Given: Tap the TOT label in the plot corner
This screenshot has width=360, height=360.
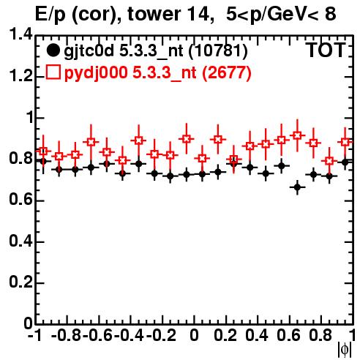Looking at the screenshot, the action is (x=326, y=50).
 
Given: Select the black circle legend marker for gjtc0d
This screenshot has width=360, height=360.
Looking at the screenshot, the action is (x=53, y=50).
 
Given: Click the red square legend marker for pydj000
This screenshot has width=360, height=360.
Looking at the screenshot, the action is (x=53, y=72).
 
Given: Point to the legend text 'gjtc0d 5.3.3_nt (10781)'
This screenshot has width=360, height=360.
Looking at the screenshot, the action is (x=156, y=52).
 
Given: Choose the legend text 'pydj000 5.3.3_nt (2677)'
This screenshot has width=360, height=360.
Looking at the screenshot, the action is (x=157, y=73).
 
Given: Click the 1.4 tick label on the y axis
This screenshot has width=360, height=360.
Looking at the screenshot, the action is (x=20, y=34).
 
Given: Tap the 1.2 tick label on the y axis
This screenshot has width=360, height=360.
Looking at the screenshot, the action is (x=20, y=76).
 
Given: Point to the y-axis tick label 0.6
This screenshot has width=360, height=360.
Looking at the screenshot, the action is (x=20, y=200).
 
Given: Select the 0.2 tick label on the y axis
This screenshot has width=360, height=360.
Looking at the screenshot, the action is (x=20, y=282).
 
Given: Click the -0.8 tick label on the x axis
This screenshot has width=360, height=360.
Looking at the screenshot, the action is (x=66, y=335).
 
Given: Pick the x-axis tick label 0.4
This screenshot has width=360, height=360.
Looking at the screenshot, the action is (x=256, y=335).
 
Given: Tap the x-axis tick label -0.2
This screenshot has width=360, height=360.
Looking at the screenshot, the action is (x=161, y=335).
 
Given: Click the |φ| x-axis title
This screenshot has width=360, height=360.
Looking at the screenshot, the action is (x=345, y=350).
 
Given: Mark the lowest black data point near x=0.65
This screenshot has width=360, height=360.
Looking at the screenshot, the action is (x=297, y=187).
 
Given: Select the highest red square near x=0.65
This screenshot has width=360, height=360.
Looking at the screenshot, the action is (x=297, y=135).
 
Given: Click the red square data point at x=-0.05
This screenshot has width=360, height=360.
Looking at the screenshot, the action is (x=187, y=139).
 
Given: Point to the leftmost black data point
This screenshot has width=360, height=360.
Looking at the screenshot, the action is (x=43, y=161).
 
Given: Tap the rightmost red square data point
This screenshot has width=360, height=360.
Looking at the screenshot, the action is (x=345, y=142).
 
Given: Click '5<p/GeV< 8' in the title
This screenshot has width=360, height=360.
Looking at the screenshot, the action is (x=281, y=14).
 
